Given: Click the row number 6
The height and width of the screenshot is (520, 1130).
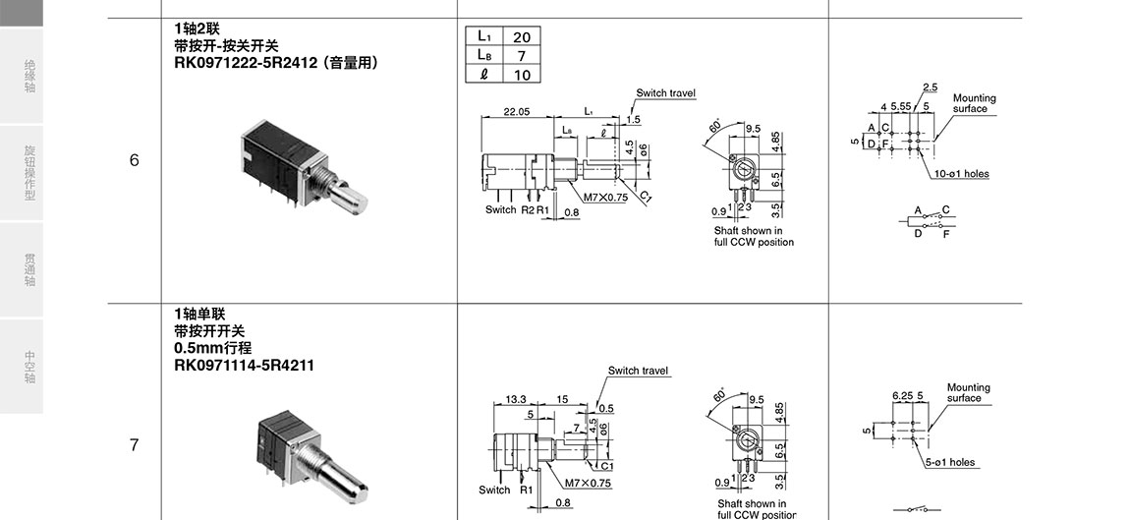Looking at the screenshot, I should click(x=135, y=160).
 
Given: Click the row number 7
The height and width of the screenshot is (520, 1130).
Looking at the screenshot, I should click(x=135, y=445).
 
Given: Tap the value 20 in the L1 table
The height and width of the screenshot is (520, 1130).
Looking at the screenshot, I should click(x=522, y=36).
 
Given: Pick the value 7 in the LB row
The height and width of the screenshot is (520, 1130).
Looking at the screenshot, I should click(x=522, y=55).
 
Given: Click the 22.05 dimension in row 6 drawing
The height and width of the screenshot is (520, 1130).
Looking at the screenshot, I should click(x=517, y=112).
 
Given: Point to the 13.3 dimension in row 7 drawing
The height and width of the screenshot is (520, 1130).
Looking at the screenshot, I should click(x=516, y=399).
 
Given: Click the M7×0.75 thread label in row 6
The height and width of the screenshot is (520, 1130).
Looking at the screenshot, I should click(x=605, y=198).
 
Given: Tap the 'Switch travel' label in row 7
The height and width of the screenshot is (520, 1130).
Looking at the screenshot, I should click(x=638, y=371).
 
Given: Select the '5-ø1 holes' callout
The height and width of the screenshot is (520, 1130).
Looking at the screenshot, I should click(x=949, y=462).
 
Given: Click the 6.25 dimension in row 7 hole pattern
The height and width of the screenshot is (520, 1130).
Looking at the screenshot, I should click(x=901, y=395).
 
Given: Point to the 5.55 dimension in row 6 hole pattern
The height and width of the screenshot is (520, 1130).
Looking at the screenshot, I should click(x=900, y=106).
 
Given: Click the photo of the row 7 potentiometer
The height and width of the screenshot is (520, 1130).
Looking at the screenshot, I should click(x=310, y=451).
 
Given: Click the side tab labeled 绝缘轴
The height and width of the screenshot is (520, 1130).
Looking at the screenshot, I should click(x=29, y=78).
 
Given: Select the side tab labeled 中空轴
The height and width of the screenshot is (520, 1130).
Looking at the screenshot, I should click(x=29, y=366).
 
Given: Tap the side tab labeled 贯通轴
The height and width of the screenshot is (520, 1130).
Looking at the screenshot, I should click(x=29, y=270).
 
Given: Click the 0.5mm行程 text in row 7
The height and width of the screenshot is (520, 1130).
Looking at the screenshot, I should click(x=212, y=348).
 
